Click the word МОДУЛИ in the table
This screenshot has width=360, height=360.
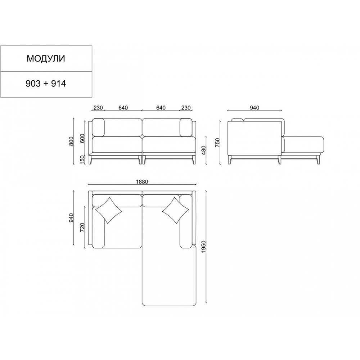click(46, 59)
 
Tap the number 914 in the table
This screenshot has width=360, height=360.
click(58, 84)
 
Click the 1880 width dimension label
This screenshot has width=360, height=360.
click(142, 182)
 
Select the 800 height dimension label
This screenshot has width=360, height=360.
click(71, 141)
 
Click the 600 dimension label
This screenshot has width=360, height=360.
click(83, 138)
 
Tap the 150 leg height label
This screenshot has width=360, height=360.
click(83, 159)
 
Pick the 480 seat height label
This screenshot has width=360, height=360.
click(203, 150)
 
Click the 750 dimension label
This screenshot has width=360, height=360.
click(218, 142)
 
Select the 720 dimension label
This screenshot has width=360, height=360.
click(83, 227)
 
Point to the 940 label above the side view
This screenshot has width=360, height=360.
click(255, 108)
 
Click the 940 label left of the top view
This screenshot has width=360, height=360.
click(71, 218)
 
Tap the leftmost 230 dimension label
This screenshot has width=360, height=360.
click(98, 108)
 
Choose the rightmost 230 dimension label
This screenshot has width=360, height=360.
click(186, 108)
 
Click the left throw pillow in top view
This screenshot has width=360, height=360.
click(109, 210)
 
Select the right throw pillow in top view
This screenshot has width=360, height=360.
click(176, 211)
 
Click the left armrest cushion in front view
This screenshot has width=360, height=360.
click(98, 127)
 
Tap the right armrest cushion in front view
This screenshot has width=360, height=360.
click(186, 127)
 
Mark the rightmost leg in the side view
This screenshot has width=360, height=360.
click(318, 160)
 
